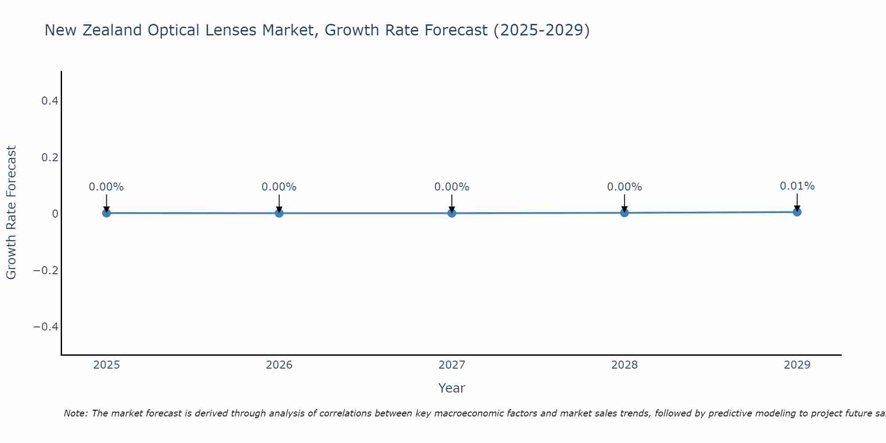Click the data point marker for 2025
(x=106, y=213)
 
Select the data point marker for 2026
(x=279, y=213)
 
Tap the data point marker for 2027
(x=452, y=213)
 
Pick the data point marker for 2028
(x=624, y=213)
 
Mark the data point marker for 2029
(x=797, y=212)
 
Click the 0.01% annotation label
(x=797, y=186)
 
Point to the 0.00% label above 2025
(x=106, y=187)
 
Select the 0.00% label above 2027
(x=452, y=187)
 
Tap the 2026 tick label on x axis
(x=279, y=365)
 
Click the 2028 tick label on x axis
(x=624, y=365)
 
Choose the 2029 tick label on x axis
(x=797, y=365)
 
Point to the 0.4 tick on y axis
(x=50, y=101)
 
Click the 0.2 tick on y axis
(x=50, y=157)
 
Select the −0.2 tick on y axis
(x=46, y=270)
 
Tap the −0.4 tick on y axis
(x=46, y=326)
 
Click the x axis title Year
(x=451, y=388)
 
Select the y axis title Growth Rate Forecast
(x=11, y=213)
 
